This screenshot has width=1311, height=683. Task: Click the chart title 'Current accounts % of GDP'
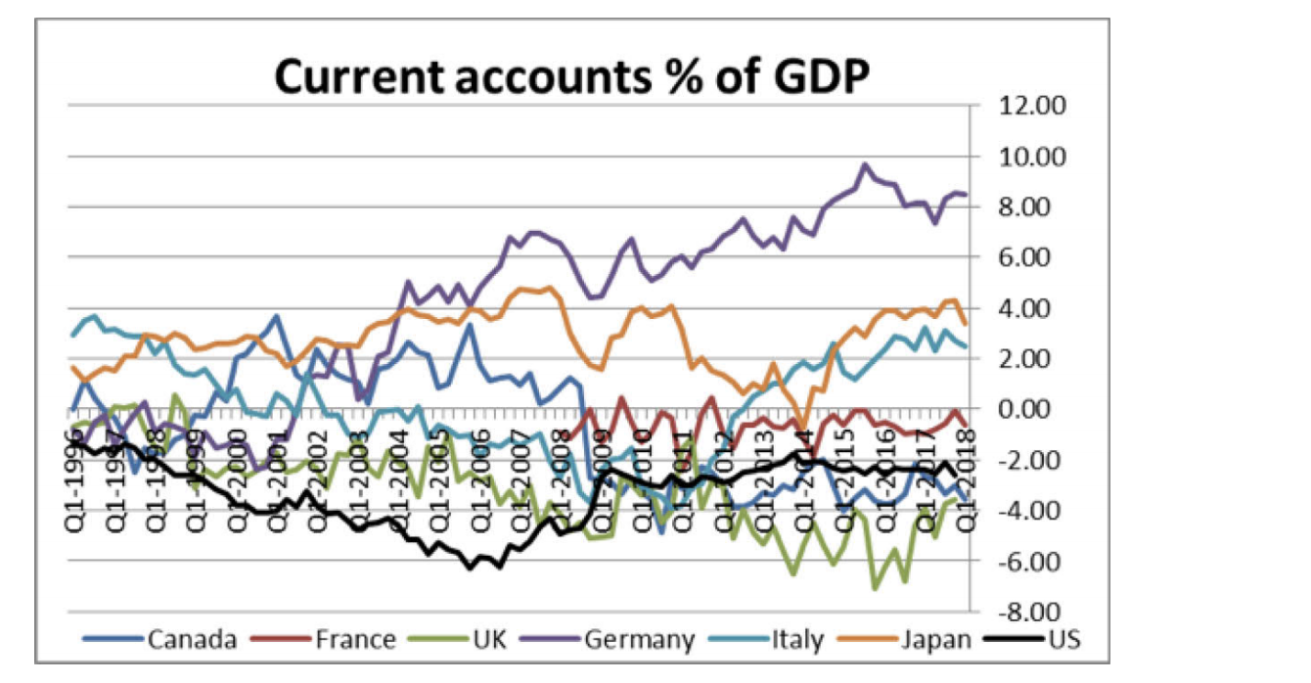[x=571, y=77]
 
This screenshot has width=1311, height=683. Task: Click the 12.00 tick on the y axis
[x=1021, y=106]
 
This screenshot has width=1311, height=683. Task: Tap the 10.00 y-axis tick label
[x=1021, y=157]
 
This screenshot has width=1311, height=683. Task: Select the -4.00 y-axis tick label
[x=1022, y=511]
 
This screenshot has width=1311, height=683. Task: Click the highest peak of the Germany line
[x=864, y=165]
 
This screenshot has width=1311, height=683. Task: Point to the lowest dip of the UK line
[x=875, y=588]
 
